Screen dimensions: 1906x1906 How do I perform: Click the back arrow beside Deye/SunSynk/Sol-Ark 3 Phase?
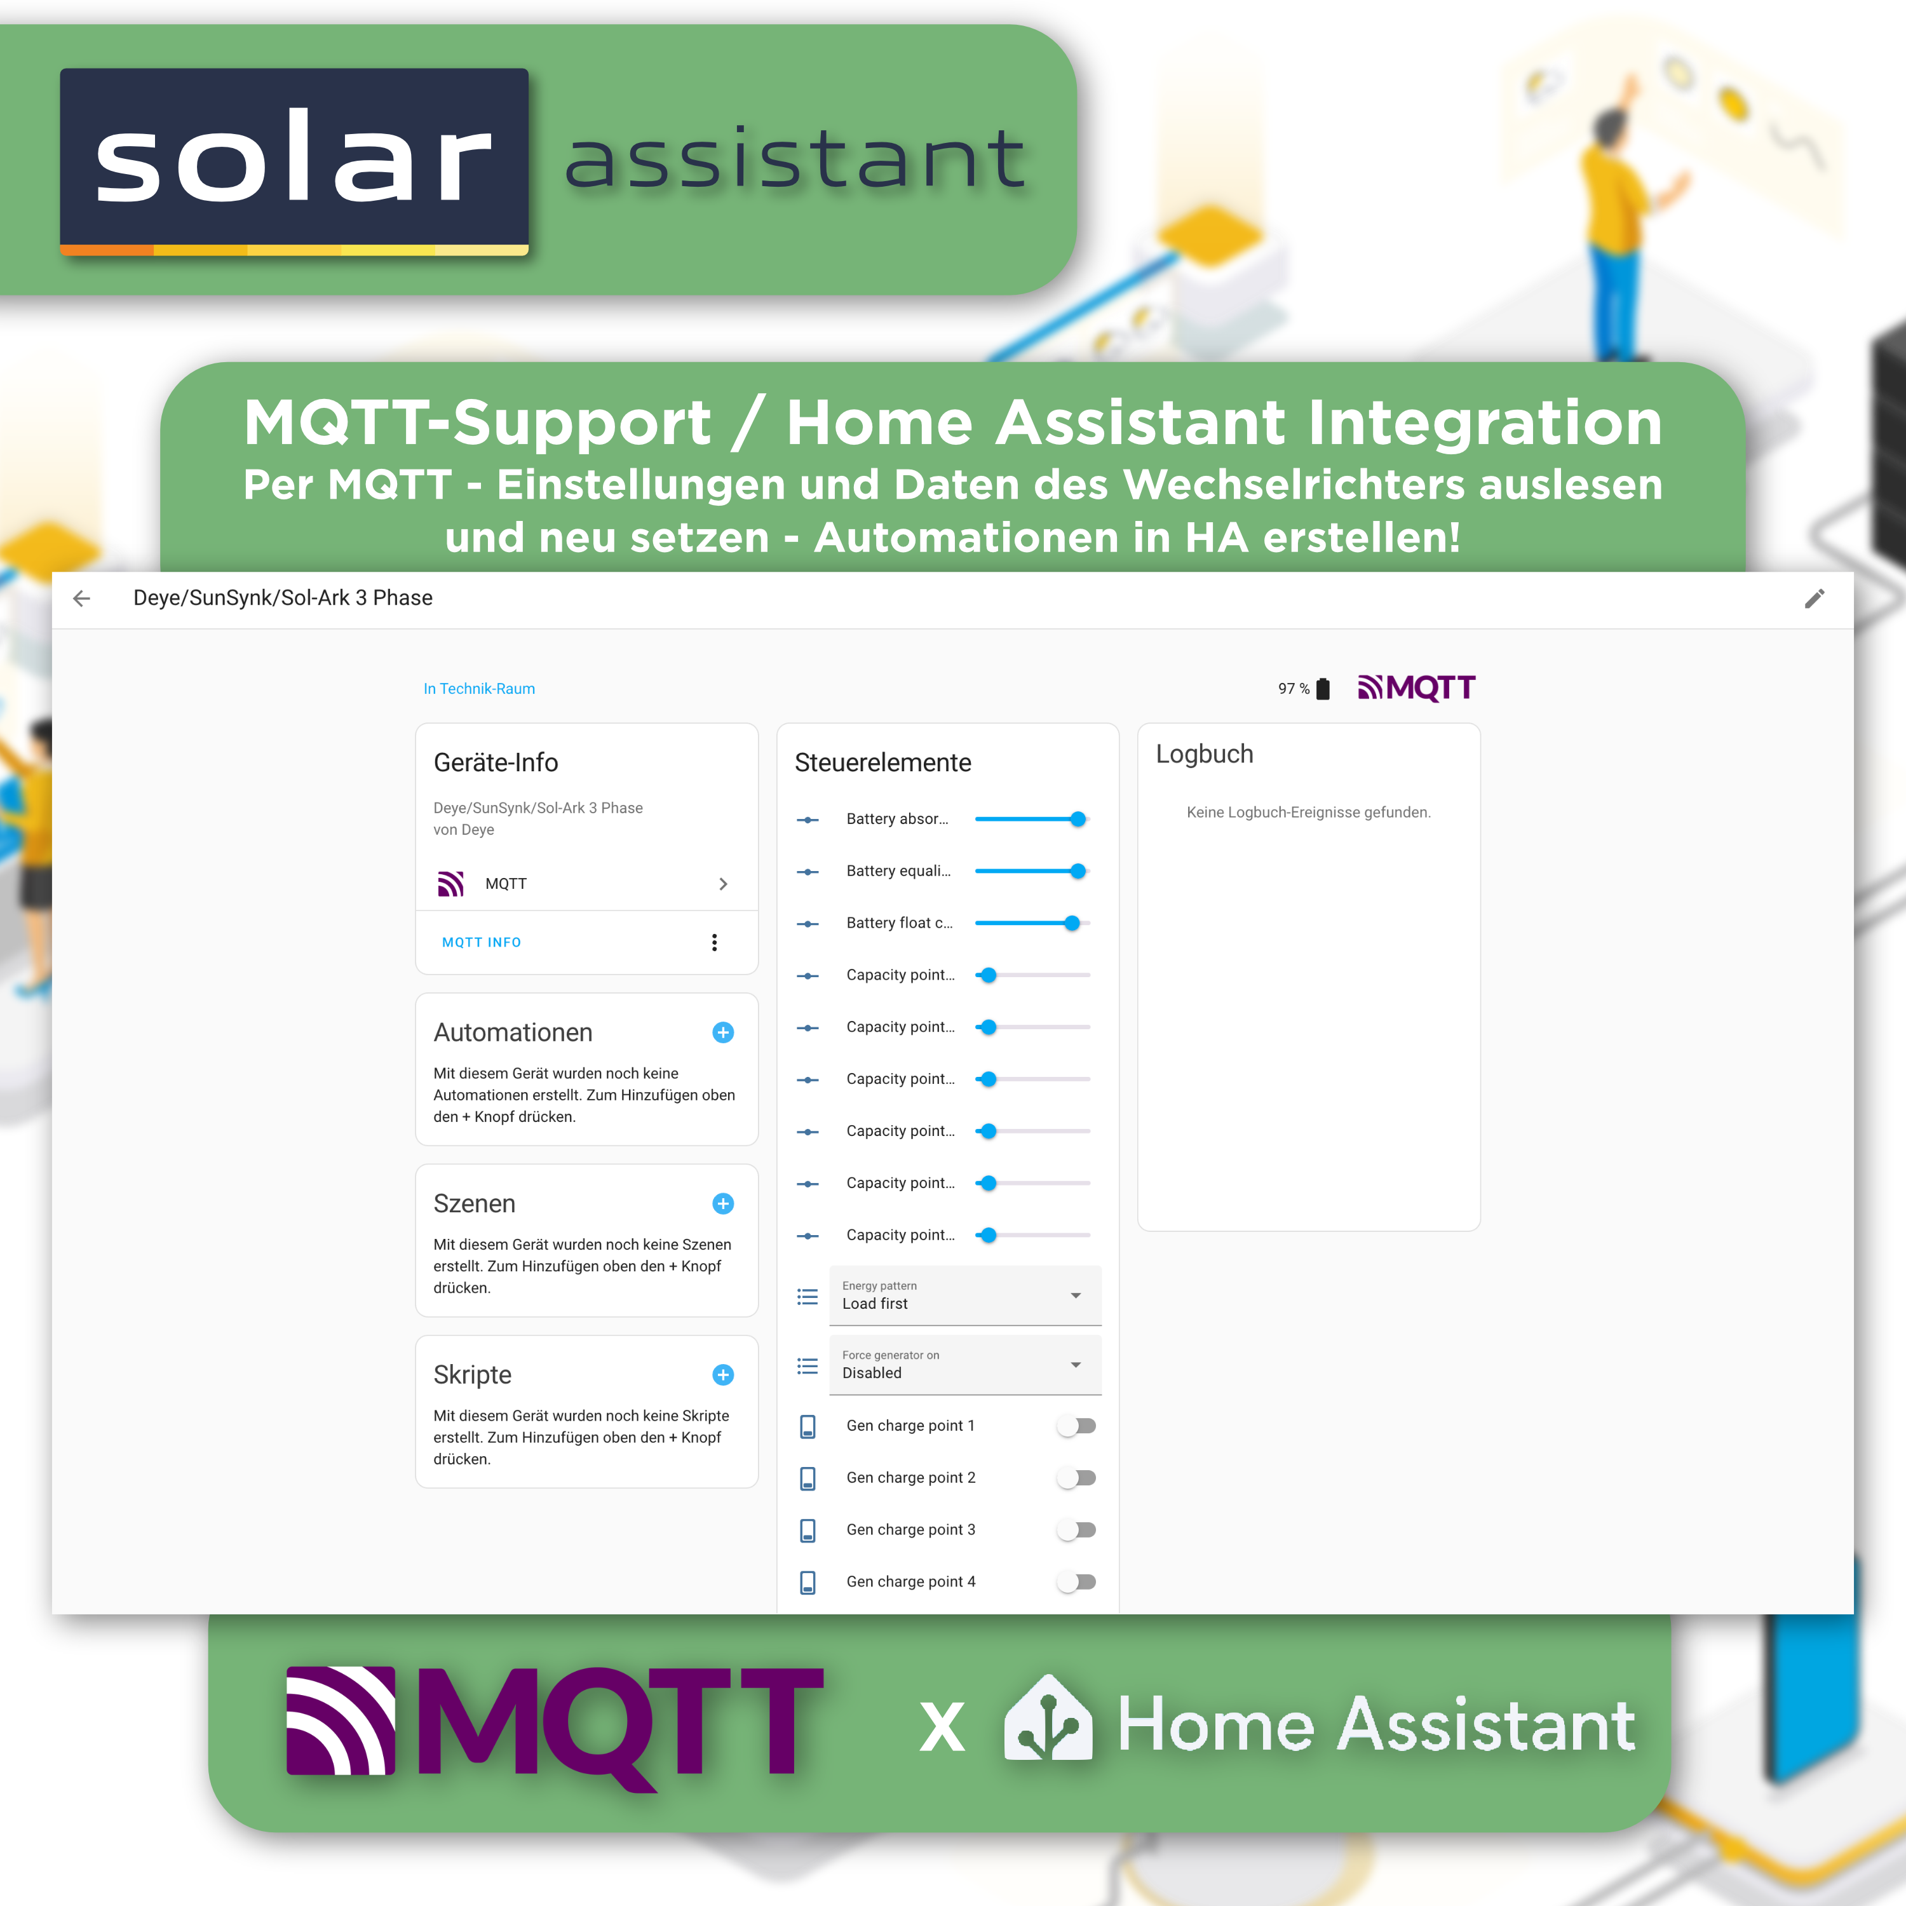click(x=82, y=598)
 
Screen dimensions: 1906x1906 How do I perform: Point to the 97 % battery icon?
click(x=1323, y=689)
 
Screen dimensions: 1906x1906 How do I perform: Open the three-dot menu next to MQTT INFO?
click(x=714, y=942)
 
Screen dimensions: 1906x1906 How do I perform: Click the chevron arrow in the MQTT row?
click(x=723, y=884)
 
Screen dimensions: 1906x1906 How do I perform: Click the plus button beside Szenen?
click(x=722, y=1203)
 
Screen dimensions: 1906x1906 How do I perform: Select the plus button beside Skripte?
click(x=722, y=1374)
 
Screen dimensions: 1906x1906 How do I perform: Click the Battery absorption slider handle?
click(x=1078, y=819)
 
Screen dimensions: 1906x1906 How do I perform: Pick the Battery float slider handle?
click(x=1072, y=923)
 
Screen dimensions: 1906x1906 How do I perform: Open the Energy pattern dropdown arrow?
click(x=1076, y=1295)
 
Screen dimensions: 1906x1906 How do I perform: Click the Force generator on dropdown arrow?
click(x=1076, y=1365)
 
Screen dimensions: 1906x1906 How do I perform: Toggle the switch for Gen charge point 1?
click(x=1076, y=1426)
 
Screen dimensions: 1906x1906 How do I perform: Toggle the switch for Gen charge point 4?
click(x=1076, y=1581)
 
